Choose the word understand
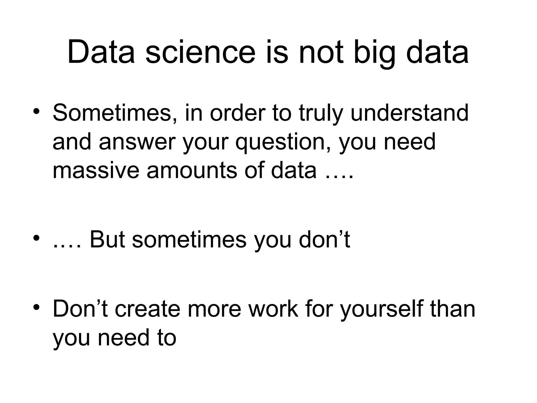(x=409, y=113)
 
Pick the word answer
(x=137, y=142)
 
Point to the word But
(x=107, y=239)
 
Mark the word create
(x=147, y=309)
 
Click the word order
(x=238, y=113)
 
